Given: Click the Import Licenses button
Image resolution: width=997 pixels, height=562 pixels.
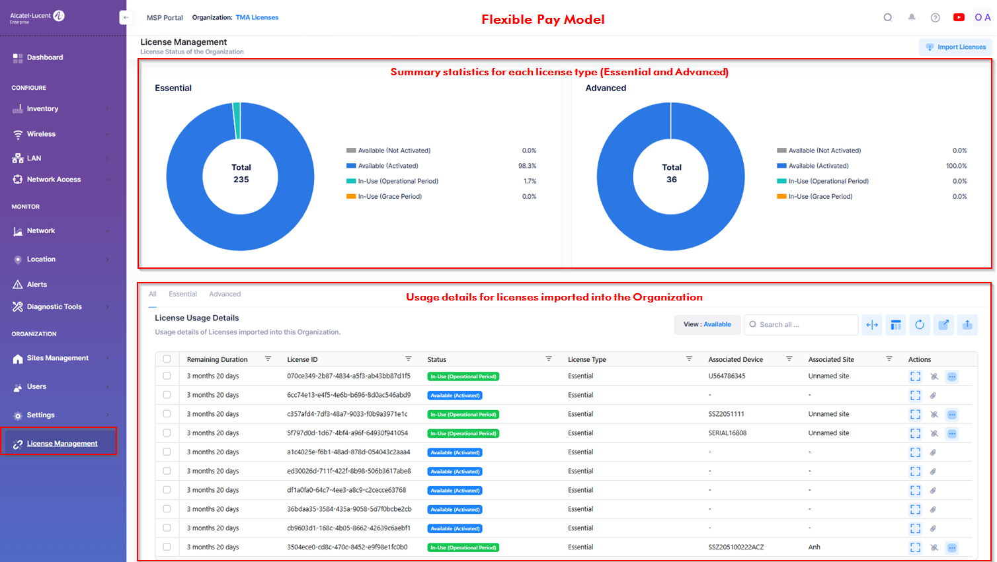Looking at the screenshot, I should click(x=955, y=47).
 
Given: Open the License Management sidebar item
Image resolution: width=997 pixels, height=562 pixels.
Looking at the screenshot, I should click(x=61, y=444).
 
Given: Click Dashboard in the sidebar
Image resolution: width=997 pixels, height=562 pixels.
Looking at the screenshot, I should click(x=44, y=57).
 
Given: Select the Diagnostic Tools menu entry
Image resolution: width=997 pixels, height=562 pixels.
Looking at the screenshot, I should click(x=54, y=307).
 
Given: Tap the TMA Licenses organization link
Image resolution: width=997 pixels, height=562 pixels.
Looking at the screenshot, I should click(x=257, y=18).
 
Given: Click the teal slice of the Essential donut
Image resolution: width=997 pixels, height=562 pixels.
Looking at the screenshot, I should click(x=237, y=120).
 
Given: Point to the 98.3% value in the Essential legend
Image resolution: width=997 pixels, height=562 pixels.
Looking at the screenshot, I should click(x=527, y=166).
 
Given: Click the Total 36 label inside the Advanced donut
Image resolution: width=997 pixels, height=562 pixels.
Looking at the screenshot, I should click(x=671, y=174).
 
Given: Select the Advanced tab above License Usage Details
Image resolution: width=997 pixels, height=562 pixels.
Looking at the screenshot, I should click(x=225, y=295).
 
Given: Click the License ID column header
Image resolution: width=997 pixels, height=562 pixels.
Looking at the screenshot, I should click(x=303, y=360).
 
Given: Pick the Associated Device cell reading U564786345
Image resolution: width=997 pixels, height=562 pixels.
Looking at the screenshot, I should click(x=727, y=376).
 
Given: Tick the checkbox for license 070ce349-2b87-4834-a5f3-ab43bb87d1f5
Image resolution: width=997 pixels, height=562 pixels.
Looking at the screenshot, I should click(x=167, y=376).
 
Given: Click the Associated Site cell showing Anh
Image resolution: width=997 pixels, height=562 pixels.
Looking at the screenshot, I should click(x=814, y=547).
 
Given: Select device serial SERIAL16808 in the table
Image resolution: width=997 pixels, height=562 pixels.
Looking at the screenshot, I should click(x=727, y=433).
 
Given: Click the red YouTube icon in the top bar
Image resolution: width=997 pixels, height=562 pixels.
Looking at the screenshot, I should click(x=958, y=18).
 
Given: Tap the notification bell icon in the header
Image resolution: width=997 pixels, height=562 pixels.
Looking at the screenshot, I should click(x=912, y=18).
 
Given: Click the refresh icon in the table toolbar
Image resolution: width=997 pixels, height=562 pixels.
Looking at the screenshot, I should click(x=919, y=325).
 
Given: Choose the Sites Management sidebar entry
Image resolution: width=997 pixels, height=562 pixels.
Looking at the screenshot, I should click(x=58, y=358).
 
